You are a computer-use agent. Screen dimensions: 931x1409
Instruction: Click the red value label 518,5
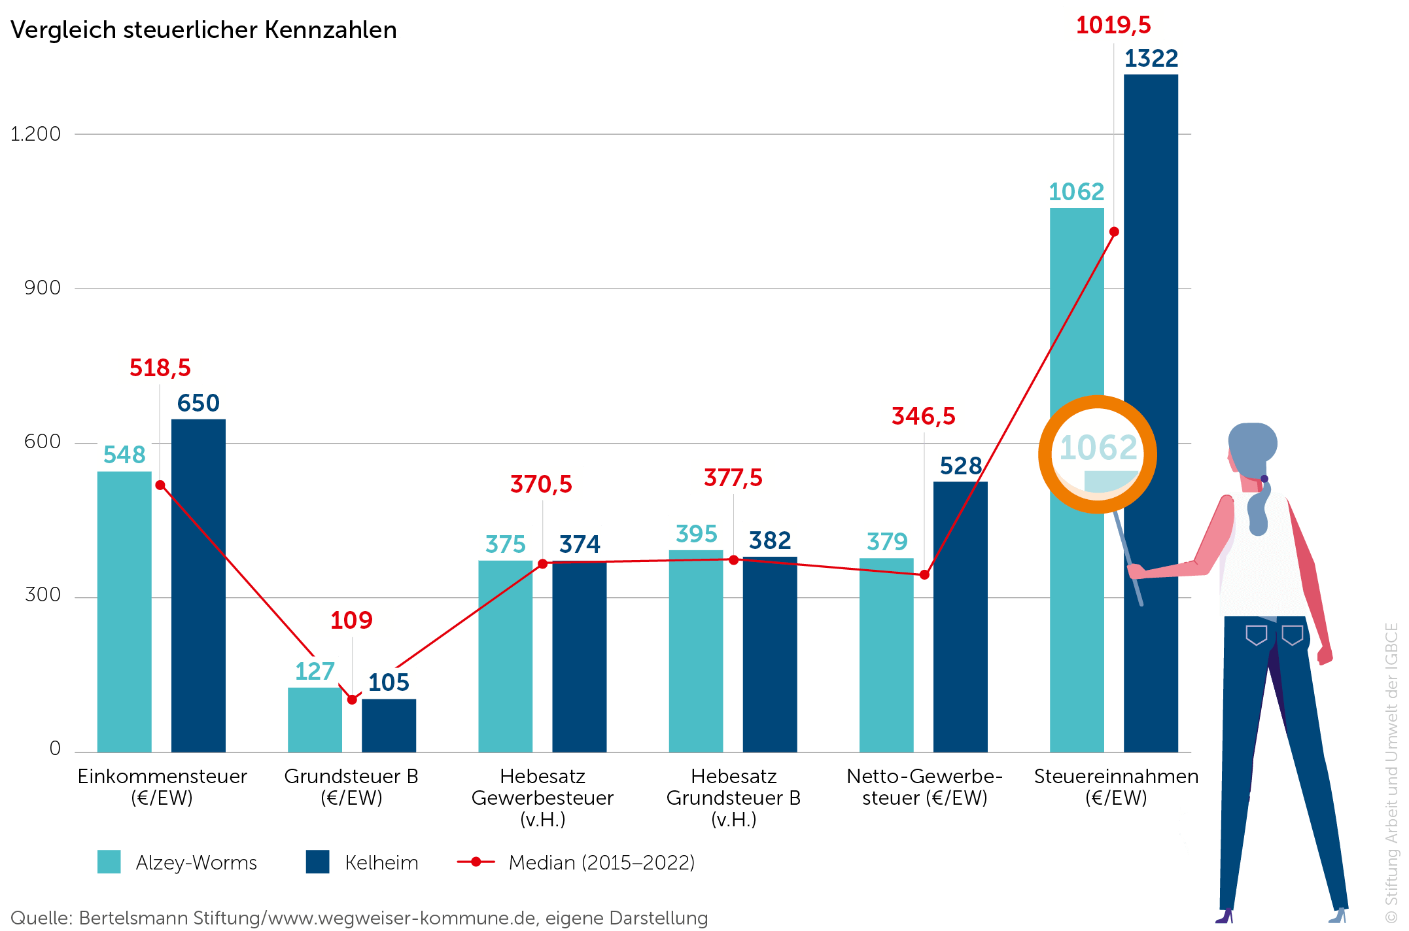coord(160,367)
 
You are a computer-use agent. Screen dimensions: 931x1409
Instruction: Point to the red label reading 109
coord(351,620)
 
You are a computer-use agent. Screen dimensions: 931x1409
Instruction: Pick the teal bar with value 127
coord(315,720)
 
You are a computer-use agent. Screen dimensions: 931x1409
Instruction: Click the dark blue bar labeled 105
coord(389,726)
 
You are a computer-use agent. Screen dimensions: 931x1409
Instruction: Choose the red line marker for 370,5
coord(542,563)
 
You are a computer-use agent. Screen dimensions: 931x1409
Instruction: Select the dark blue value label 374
coord(580,544)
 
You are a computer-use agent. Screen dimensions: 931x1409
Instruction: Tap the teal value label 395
coord(696,533)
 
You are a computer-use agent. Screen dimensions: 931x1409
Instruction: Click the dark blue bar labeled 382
coord(770,654)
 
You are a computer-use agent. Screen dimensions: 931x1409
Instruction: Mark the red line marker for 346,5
coord(924,574)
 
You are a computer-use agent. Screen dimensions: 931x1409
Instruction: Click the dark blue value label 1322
coord(1151,58)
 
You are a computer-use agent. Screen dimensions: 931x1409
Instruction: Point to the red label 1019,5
coord(1113,25)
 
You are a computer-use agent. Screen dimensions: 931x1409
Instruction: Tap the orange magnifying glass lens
coord(1098,454)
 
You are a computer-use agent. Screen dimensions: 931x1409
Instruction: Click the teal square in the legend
coord(109,862)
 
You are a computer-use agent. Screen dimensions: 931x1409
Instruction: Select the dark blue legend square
coord(317,862)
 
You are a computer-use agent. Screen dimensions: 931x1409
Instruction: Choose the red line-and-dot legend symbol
coord(476,862)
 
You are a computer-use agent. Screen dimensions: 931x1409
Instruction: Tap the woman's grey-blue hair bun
coord(1252,442)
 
